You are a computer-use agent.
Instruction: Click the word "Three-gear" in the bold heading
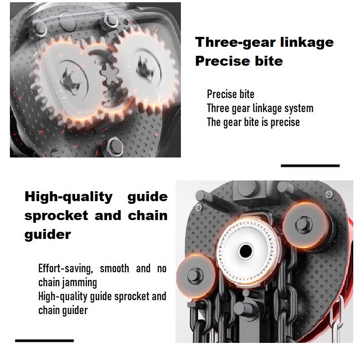pos(235,42)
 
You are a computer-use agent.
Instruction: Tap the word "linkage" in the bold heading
pos(307,42)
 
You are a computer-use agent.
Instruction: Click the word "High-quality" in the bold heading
pos(68,197)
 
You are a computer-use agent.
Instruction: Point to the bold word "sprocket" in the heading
pos(56,216)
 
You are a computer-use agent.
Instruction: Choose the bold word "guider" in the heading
pos(48,234)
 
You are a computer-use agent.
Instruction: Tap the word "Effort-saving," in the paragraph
pos(65,269)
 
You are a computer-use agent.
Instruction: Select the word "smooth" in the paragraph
pos(114,269)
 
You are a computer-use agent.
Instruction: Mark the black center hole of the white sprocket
pos(245,251)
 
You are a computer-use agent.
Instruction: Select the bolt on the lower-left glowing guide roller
pos(195,275)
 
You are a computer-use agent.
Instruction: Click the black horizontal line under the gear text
pos(310,166)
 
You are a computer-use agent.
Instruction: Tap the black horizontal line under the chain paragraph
pos(45,341)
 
